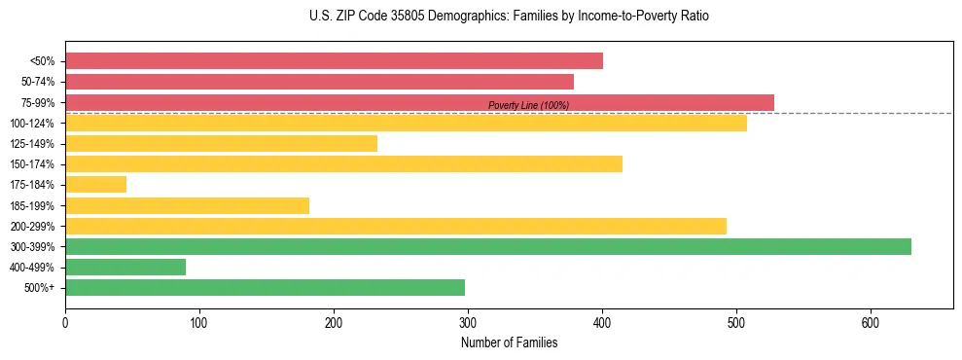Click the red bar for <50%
(334, 61)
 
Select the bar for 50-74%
(319, 82)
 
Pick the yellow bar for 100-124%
(406, 123)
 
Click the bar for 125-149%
(221, 144)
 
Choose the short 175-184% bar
(95, 185)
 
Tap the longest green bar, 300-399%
(487, 246)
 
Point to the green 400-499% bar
(125, 267)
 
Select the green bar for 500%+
(265, 287)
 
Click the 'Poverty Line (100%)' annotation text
(528, 105)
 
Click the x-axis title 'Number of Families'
(509, 342)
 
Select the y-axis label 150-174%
(32, 164)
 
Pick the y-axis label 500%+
(40, 288)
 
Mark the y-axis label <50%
(43, 61)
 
